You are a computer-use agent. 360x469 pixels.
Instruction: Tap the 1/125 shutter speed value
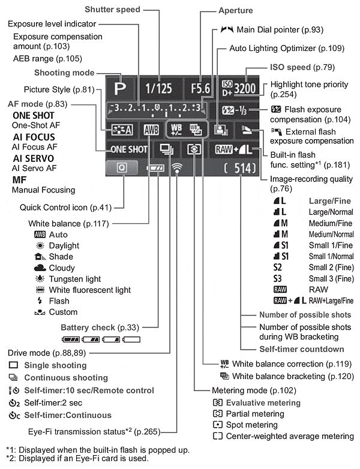(x=158, y=88)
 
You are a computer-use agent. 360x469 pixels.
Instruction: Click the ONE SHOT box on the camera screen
(x=129, y=149)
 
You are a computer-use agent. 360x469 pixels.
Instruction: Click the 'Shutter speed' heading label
(x=112, y=10)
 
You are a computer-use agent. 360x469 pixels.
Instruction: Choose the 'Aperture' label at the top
(x=236, y=11)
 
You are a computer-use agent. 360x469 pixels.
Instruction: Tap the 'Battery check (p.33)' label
(x=100, y=327)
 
